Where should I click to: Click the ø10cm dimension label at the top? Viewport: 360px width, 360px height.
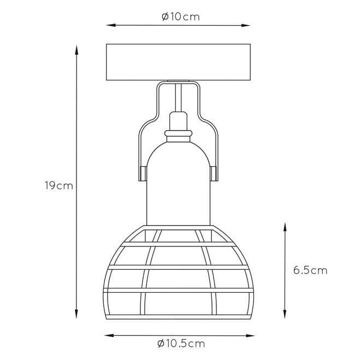click(181, 17)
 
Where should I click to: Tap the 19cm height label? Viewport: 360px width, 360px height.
click(59, 186)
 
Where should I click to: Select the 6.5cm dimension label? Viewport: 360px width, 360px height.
click(310, 270)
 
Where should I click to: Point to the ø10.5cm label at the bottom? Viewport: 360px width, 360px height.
click(181, 344)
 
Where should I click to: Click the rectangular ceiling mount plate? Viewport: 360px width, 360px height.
click(178, 62)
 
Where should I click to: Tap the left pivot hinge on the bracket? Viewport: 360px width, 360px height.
click(143, 174)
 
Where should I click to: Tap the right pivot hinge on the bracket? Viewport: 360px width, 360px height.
click(214, 174)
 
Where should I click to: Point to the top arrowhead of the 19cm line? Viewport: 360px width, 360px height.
click(76, 50)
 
